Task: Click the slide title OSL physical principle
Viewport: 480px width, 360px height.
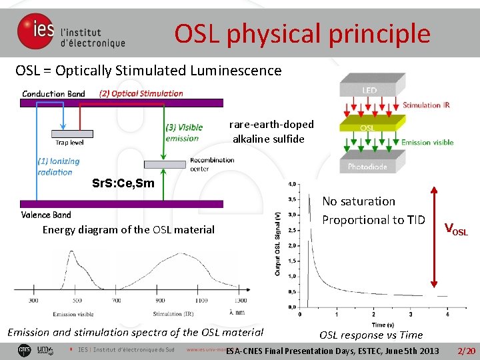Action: pyautogui.click(x=302, y=33)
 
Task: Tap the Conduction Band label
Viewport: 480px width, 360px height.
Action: pyautogui.click(x=53, y=93)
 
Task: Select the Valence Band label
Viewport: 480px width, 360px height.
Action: pyautogui.click(x=46, y=215)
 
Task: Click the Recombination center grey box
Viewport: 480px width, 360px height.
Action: pyautogui.click(x=164, y=164)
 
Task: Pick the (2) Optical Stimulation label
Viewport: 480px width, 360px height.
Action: pyautogui.click(x=141, y=93)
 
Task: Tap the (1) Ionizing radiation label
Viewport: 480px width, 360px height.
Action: pyautogui.click(x=58, y=167)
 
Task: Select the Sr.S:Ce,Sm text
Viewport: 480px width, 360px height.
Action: pyautogui.click(x=123, y=183)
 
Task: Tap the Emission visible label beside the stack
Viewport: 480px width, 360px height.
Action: pyautogui.click(x=427, y=142)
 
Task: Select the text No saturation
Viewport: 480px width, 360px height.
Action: pyautogui.click(x=359, y=201)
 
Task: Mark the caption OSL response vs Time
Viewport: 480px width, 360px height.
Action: pyautogui.click(x=371, y=335)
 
